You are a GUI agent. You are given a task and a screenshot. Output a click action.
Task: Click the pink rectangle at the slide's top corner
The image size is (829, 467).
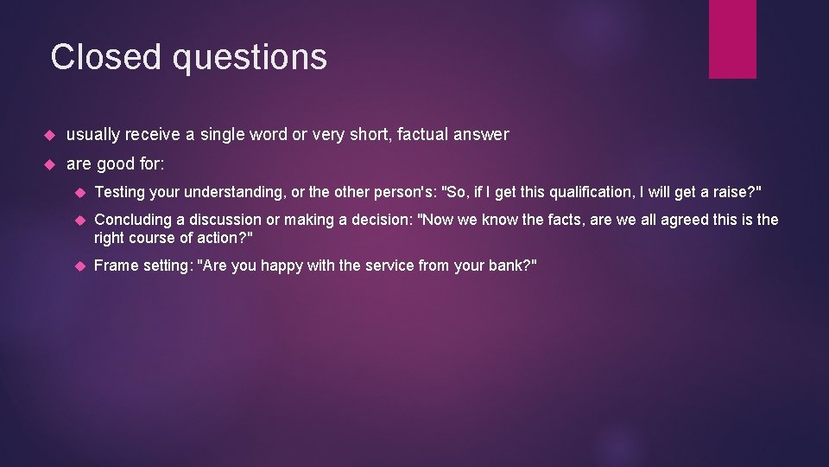(732, 39)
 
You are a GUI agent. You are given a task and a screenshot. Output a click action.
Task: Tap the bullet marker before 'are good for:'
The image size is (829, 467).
(49, 164)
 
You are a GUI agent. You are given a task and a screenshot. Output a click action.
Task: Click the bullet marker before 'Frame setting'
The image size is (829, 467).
(78, 266)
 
